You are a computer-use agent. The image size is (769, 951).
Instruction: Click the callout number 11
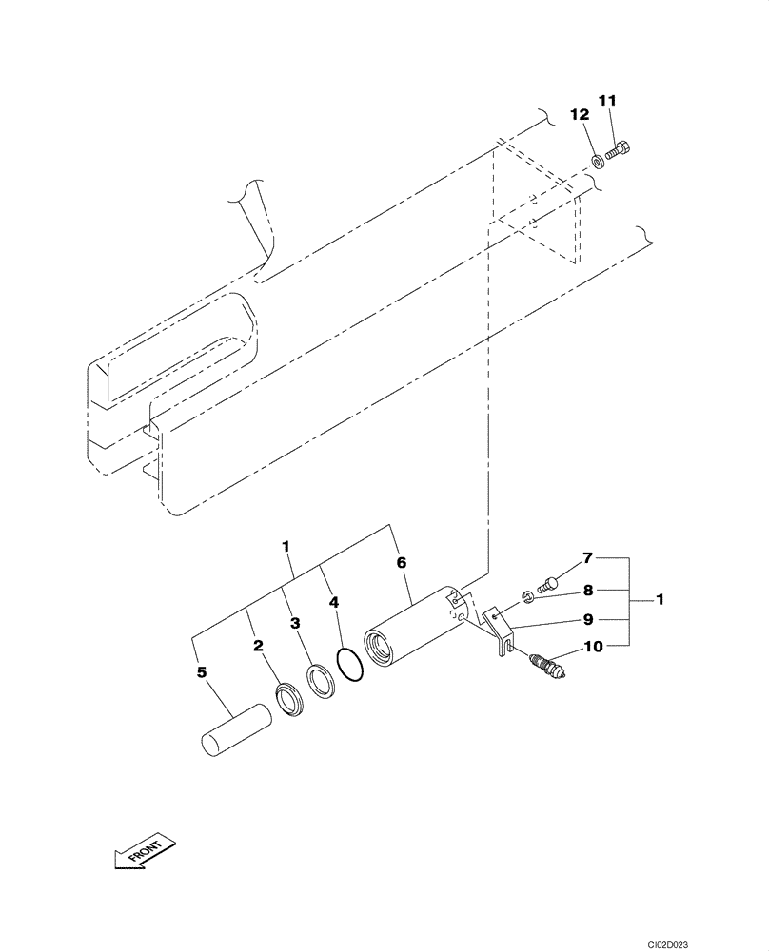(607, 100)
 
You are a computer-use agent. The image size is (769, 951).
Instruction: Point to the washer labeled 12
(595, 160)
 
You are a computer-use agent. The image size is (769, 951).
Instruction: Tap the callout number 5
(201, 672)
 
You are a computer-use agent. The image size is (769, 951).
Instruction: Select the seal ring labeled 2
(289, 700)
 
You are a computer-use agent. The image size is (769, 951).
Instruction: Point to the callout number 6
(401, 563)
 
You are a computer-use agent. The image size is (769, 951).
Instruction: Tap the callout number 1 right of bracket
(660, 600)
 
